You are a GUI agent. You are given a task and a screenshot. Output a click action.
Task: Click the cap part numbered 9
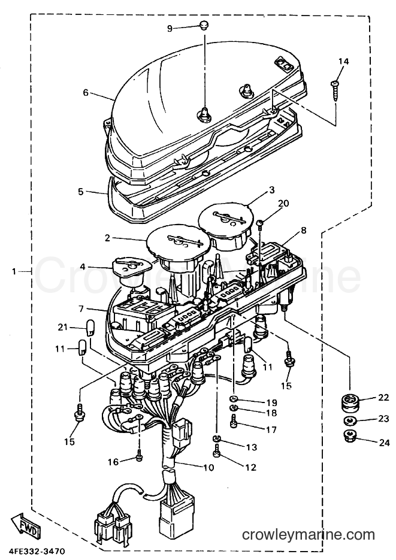(204, 25)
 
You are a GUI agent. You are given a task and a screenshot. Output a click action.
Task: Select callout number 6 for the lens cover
(86, 93)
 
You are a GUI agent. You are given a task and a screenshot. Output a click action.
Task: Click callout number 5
(81, 192)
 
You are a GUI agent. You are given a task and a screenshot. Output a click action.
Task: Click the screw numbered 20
(261, 223)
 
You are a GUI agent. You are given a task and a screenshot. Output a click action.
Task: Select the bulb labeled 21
(91, 328)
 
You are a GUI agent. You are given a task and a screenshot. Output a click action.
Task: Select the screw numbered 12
(217, 451)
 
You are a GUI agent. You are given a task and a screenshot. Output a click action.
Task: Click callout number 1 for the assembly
(14, 272)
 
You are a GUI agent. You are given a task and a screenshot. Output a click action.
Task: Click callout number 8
(304, 231)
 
